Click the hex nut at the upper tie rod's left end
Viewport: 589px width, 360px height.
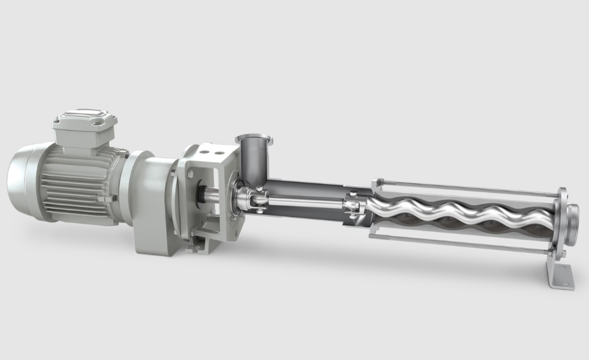coord(380,182)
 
